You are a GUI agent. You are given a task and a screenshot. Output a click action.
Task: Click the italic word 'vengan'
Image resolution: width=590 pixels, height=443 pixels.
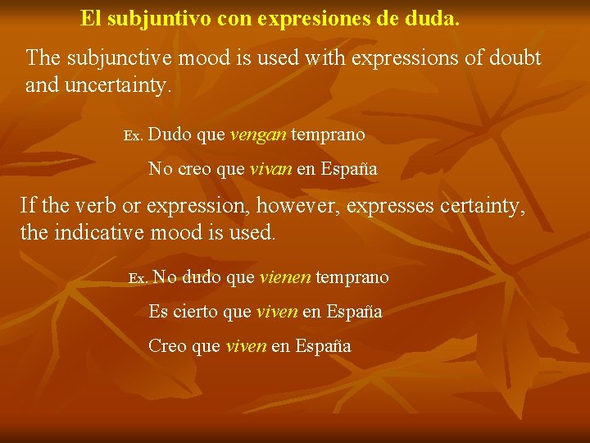point(258,134)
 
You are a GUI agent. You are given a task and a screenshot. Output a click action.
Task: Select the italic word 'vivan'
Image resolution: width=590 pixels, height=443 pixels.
point(269,170)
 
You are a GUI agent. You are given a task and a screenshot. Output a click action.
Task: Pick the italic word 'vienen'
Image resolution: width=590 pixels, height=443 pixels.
point(284,278)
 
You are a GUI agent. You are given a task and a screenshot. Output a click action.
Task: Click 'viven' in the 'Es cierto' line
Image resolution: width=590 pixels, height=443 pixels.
point(277,312)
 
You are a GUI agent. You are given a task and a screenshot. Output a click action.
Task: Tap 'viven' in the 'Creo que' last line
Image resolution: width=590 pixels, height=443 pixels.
point(245,346)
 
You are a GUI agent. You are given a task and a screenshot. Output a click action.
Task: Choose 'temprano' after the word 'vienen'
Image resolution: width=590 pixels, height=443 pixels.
point(352,278)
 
